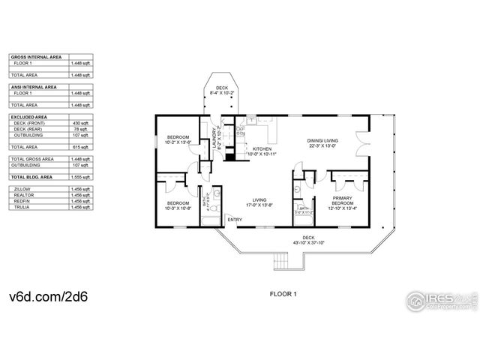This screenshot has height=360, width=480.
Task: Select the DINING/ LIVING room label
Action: point(322,140)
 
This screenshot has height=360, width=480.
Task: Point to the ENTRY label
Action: point(235,220)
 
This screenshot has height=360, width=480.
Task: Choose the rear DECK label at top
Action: point(221,88)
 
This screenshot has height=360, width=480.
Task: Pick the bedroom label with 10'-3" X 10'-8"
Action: point(178,203)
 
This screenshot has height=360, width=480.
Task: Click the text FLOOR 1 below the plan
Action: point(283,295)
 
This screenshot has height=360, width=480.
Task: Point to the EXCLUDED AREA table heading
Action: point(29,117)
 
